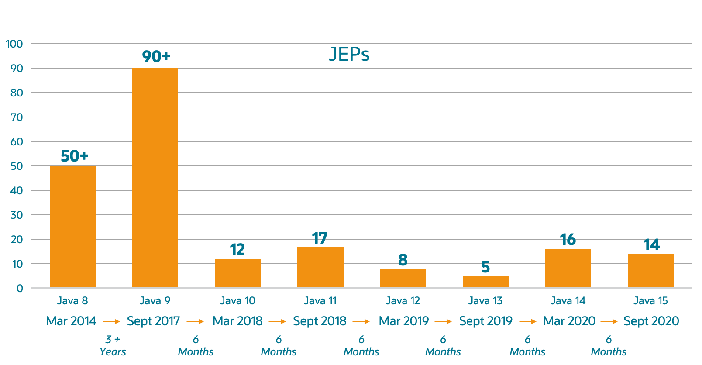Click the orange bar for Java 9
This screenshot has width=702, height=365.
(x=155, y=178)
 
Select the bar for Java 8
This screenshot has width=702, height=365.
(x=72, y=227)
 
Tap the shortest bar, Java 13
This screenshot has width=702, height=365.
(x=485, y=282)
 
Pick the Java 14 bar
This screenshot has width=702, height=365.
(x=568, y=268)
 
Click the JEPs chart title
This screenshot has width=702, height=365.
(x=349, y=55)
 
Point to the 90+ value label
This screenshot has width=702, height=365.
(x=156, y=56)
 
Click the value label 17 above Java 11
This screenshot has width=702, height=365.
(x=320, y=238)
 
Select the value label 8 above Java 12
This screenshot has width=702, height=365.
(x=403, y=260)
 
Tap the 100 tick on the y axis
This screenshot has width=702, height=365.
(x=14, y=44)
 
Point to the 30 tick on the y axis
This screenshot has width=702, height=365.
(x=17, y=215)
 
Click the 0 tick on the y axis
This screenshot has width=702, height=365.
(x=20, y=288)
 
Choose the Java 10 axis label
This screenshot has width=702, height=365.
(x=237, y=301)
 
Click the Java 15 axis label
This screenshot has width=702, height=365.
(x=650, y=301)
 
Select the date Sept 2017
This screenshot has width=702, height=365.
(x=153, y=321)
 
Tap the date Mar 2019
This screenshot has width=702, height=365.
(x=404, y=321)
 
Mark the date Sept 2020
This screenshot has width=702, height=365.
(x=651, y=321)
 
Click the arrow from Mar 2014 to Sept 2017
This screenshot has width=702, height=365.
(x=111, y=322)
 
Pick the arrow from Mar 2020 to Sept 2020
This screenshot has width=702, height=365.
(x=609, y=322)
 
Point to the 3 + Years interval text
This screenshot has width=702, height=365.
(x=113, y=346)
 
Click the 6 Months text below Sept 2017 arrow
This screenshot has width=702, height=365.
(x=196, y=346)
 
